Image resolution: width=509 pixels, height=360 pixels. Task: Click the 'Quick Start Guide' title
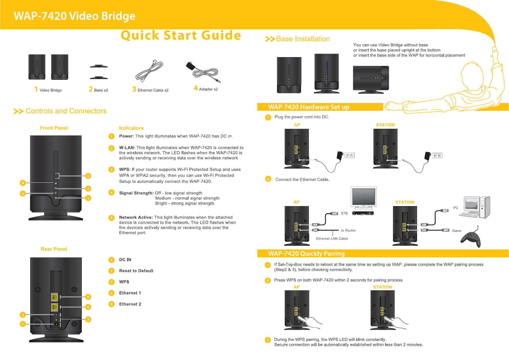click(181, 35)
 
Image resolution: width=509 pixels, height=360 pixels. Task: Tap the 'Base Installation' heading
click(303, 39)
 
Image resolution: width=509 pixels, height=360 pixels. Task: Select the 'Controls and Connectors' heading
click(66, 111)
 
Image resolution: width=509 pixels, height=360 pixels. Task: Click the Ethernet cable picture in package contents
click(149, 71)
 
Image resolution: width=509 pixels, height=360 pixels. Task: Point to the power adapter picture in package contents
click(203, 72)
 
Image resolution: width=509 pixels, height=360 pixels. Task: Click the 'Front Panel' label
click(54, 128)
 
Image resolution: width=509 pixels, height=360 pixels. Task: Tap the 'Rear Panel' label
click(54, 249)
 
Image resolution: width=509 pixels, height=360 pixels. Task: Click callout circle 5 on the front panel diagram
click(88, 176)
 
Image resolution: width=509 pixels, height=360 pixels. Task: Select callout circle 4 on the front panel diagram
click(23, 183)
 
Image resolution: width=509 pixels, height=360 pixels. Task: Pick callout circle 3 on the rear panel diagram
click(23, 315)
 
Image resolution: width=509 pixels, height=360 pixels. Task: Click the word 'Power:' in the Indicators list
click(126, 136)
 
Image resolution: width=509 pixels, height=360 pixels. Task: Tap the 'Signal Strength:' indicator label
click(136, 193)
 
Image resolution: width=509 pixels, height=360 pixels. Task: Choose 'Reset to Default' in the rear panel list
click(136, 271)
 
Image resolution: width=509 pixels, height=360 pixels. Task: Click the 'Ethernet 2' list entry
click(130, 304)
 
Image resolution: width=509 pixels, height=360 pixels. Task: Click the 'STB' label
click(344, 213)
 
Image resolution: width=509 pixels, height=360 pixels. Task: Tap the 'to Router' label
click(348, 230)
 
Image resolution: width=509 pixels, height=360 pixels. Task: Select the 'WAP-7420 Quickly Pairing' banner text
click(306, 254)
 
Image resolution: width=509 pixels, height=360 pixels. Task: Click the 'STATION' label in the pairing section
click(382, 287)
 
